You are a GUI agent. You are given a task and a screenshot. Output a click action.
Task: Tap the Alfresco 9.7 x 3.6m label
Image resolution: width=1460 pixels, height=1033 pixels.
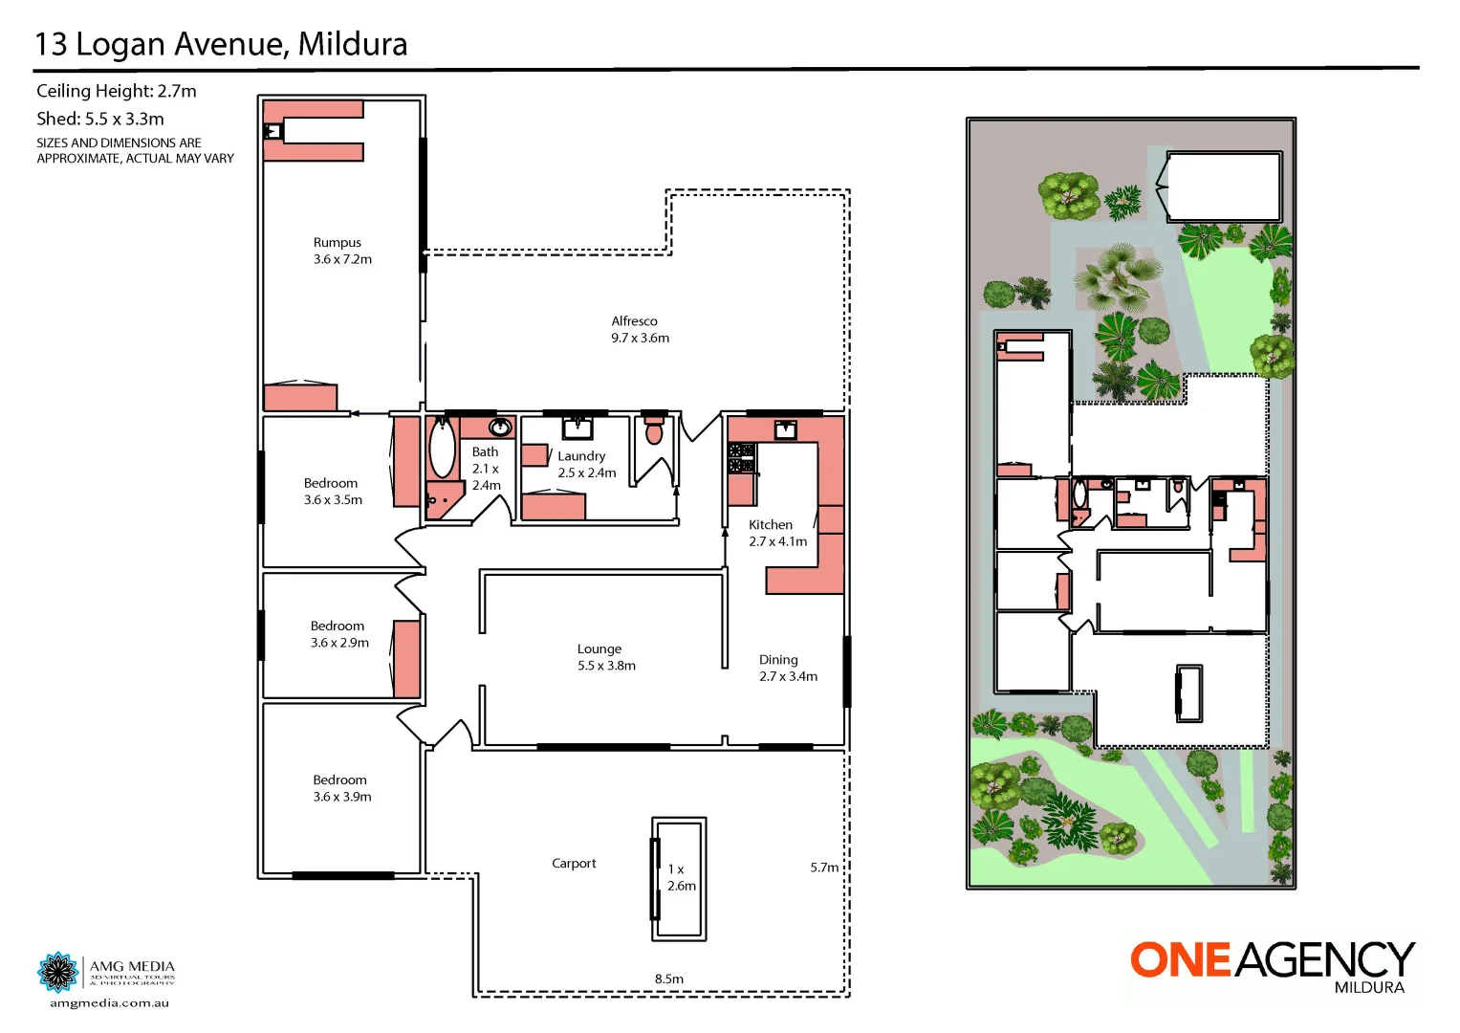click(x=640, y=329)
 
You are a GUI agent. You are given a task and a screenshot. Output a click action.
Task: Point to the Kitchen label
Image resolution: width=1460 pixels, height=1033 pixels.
click(x=771, y=525)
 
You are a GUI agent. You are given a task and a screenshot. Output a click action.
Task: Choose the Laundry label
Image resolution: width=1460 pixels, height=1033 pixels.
click(x=582, y=456)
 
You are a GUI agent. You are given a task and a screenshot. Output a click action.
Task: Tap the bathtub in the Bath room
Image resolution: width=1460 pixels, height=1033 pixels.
click(x=442, y=449)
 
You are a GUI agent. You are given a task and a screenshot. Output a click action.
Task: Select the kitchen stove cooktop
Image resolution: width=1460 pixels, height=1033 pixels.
click(x=742, y=458)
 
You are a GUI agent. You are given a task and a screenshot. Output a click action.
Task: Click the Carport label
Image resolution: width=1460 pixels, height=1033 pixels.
click(x=574, y=864)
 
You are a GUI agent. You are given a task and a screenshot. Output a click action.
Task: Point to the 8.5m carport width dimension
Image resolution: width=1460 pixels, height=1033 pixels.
click(x=669, y=978)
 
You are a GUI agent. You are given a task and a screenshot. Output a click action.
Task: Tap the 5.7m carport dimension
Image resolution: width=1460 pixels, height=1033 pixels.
click(x=824, y=868)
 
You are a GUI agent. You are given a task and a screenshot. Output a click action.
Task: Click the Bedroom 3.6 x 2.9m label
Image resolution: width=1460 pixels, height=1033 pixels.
click(x=339, y=634)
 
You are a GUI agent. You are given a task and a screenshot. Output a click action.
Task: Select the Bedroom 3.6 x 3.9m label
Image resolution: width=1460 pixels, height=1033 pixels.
click(x=341, y=788)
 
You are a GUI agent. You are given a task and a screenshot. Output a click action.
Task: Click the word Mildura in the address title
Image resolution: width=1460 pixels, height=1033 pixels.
click(x=353, y=44)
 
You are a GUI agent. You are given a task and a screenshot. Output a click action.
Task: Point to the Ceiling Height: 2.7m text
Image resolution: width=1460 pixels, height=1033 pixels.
click(x=117, y=91)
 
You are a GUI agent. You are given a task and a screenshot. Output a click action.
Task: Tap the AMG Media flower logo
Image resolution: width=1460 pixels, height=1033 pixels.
click(x=58, y=972)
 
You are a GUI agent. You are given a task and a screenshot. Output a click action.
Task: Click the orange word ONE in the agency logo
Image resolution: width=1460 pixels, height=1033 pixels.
click(x=1180, y=960)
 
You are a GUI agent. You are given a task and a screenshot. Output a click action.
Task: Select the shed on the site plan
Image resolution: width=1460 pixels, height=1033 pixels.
click(x=1225, y=187)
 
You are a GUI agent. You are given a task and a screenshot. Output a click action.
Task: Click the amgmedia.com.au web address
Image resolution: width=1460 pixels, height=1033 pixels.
click(x=110, y=1003)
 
